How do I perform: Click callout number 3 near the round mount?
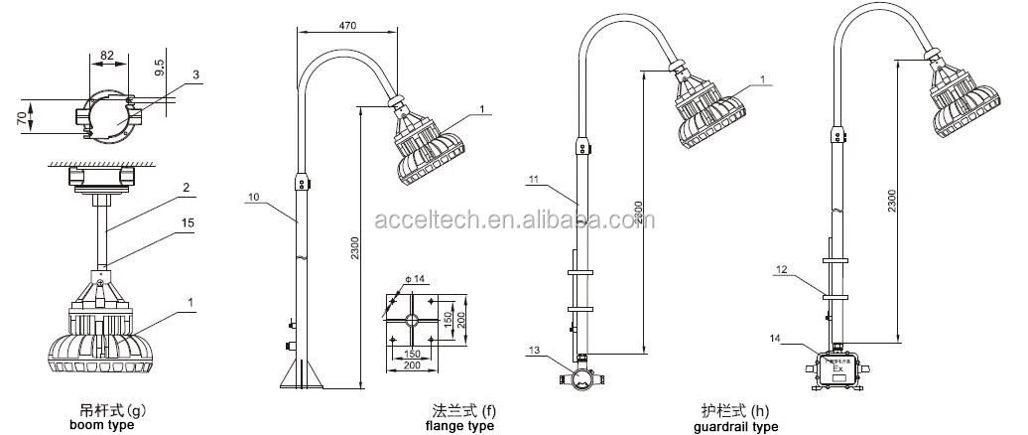(x=195, y=73)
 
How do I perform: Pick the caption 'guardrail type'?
(x=736, y=426)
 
